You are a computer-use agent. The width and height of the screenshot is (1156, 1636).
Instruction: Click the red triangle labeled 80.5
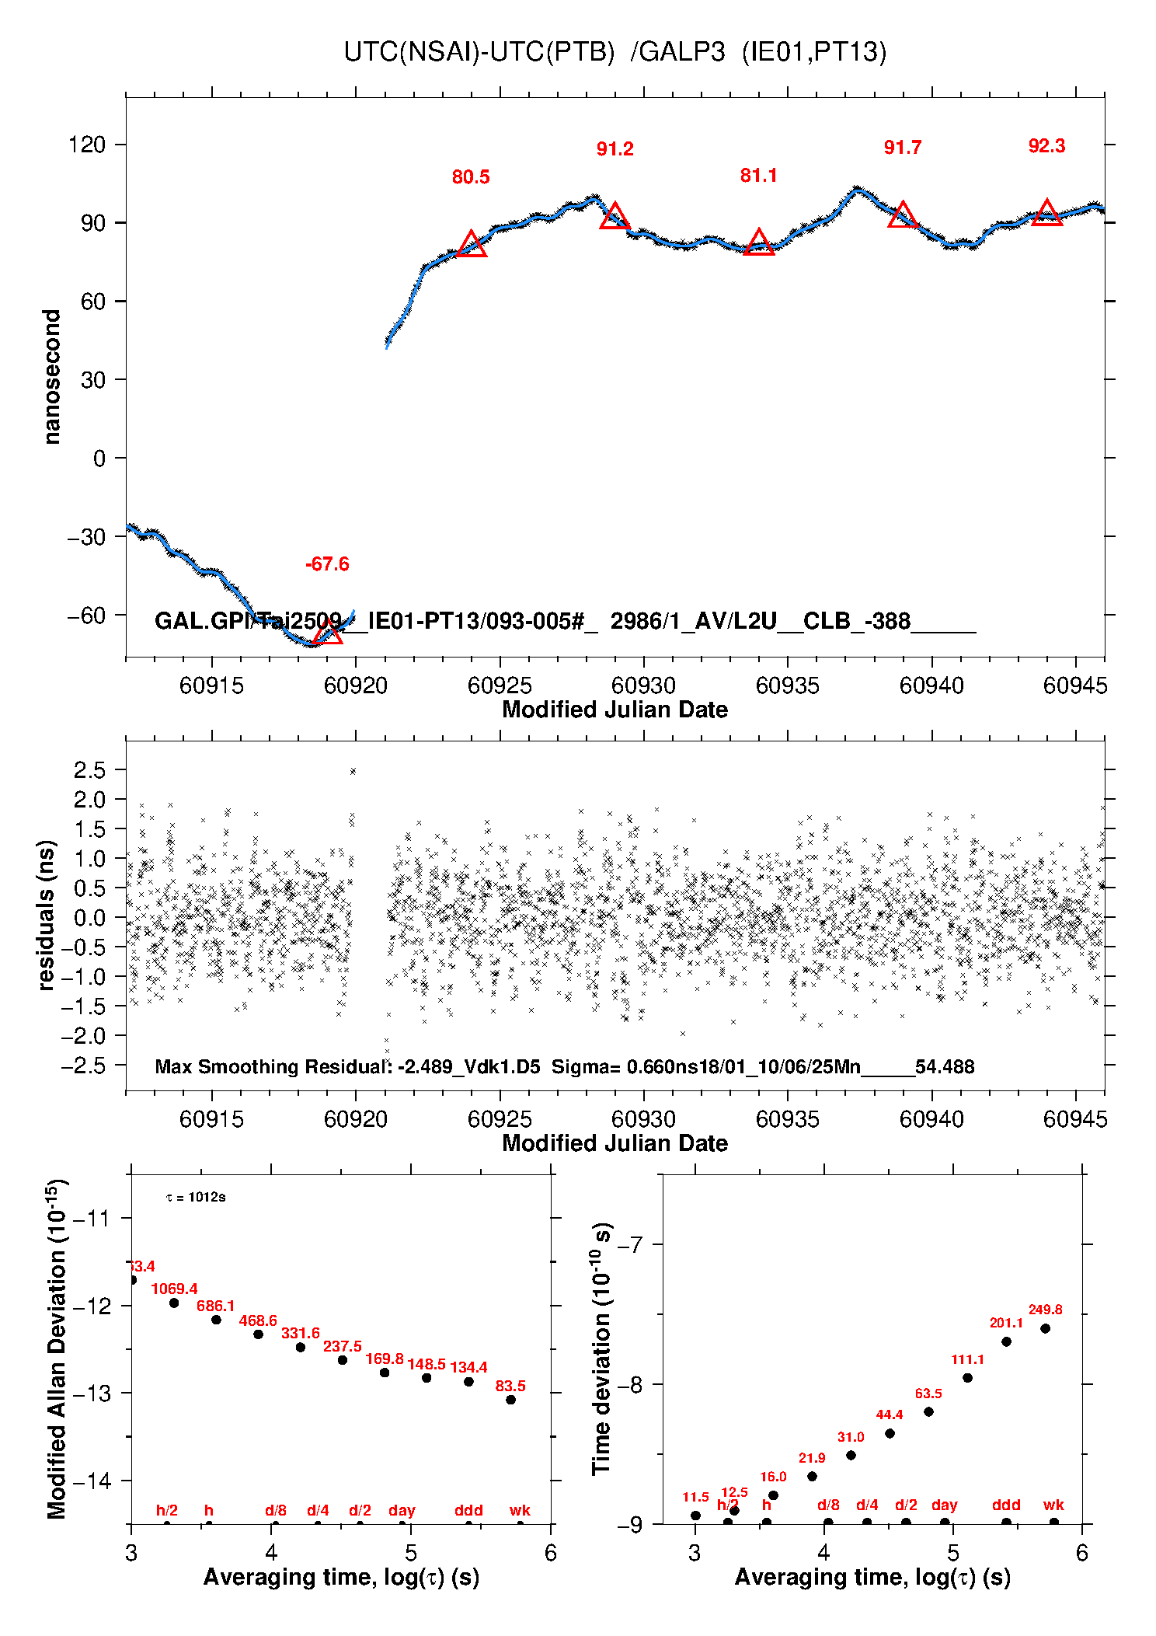[x=472, y=245]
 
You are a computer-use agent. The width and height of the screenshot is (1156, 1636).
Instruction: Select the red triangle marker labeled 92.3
[x=1046, y=214]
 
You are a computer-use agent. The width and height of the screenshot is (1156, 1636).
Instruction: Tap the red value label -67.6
[x=327, y=564]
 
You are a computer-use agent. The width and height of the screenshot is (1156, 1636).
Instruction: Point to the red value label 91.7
[x=902, y=148]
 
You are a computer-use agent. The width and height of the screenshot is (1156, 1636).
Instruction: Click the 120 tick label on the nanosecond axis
[x=87, y=145]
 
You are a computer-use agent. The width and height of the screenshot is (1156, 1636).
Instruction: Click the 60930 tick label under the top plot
[x=643, y=685]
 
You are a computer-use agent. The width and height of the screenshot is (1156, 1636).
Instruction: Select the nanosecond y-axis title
[x=52, y=377]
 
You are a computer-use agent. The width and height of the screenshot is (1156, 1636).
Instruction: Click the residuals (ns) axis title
[x=47, y=915]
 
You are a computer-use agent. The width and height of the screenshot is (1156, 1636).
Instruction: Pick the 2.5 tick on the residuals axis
[x=89, y=770]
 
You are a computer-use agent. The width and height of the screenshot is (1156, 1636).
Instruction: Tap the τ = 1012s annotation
[x=196, y=1197]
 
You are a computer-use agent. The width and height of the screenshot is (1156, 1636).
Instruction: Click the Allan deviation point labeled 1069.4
[x=174, y=1303]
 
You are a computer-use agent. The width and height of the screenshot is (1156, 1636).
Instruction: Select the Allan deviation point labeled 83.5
[x=510, y=1400]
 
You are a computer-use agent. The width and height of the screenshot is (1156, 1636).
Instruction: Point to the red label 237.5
[x=342, y=1346]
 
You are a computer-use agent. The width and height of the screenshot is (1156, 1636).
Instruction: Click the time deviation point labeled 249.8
[x=1045, y=1328]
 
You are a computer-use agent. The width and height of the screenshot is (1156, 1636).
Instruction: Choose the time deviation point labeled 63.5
[x=928, y=1411]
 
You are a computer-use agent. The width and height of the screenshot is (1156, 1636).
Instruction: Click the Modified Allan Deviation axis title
[x=56, y=1348]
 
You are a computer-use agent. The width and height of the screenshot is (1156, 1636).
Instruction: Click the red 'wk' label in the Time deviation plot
[x=1053, y=1505]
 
